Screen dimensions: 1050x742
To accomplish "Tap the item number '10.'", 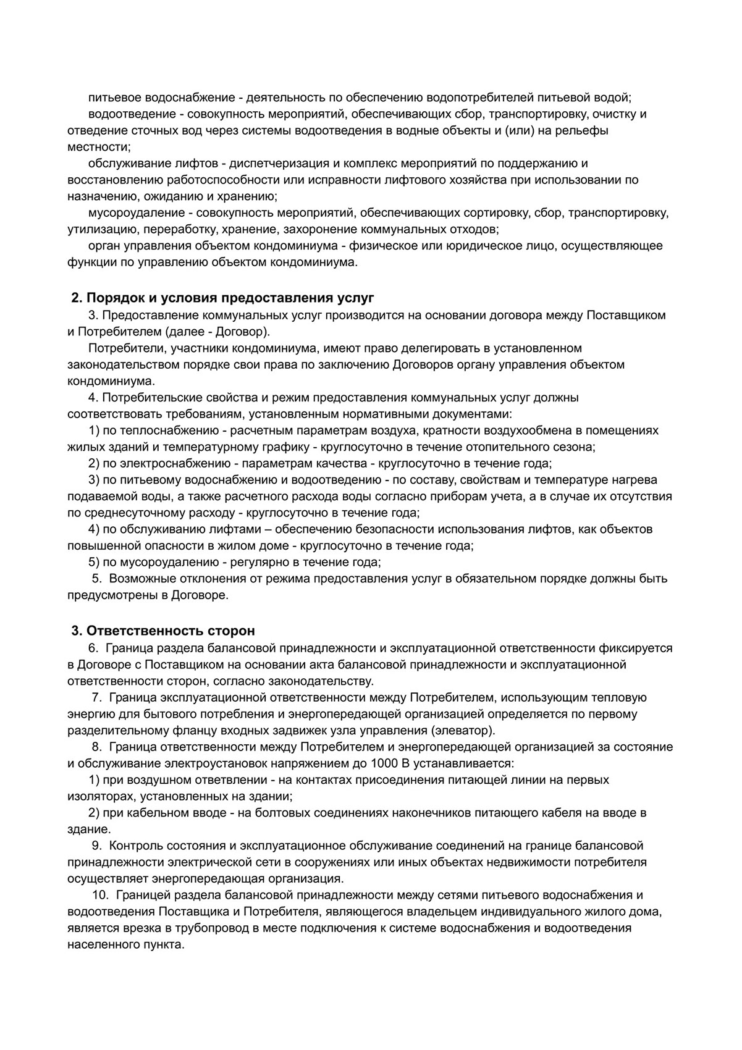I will (99, 895).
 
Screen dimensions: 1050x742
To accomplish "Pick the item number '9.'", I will (97, 846).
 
